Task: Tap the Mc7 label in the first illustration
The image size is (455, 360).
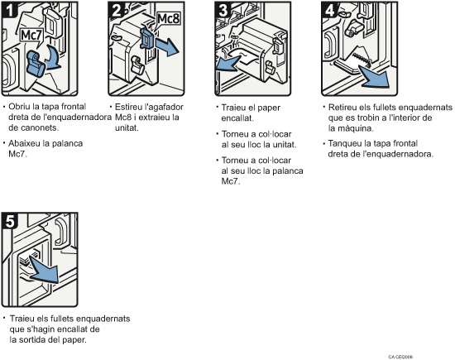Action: pos(31,36)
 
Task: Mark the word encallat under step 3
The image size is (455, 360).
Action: pos(237,118)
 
